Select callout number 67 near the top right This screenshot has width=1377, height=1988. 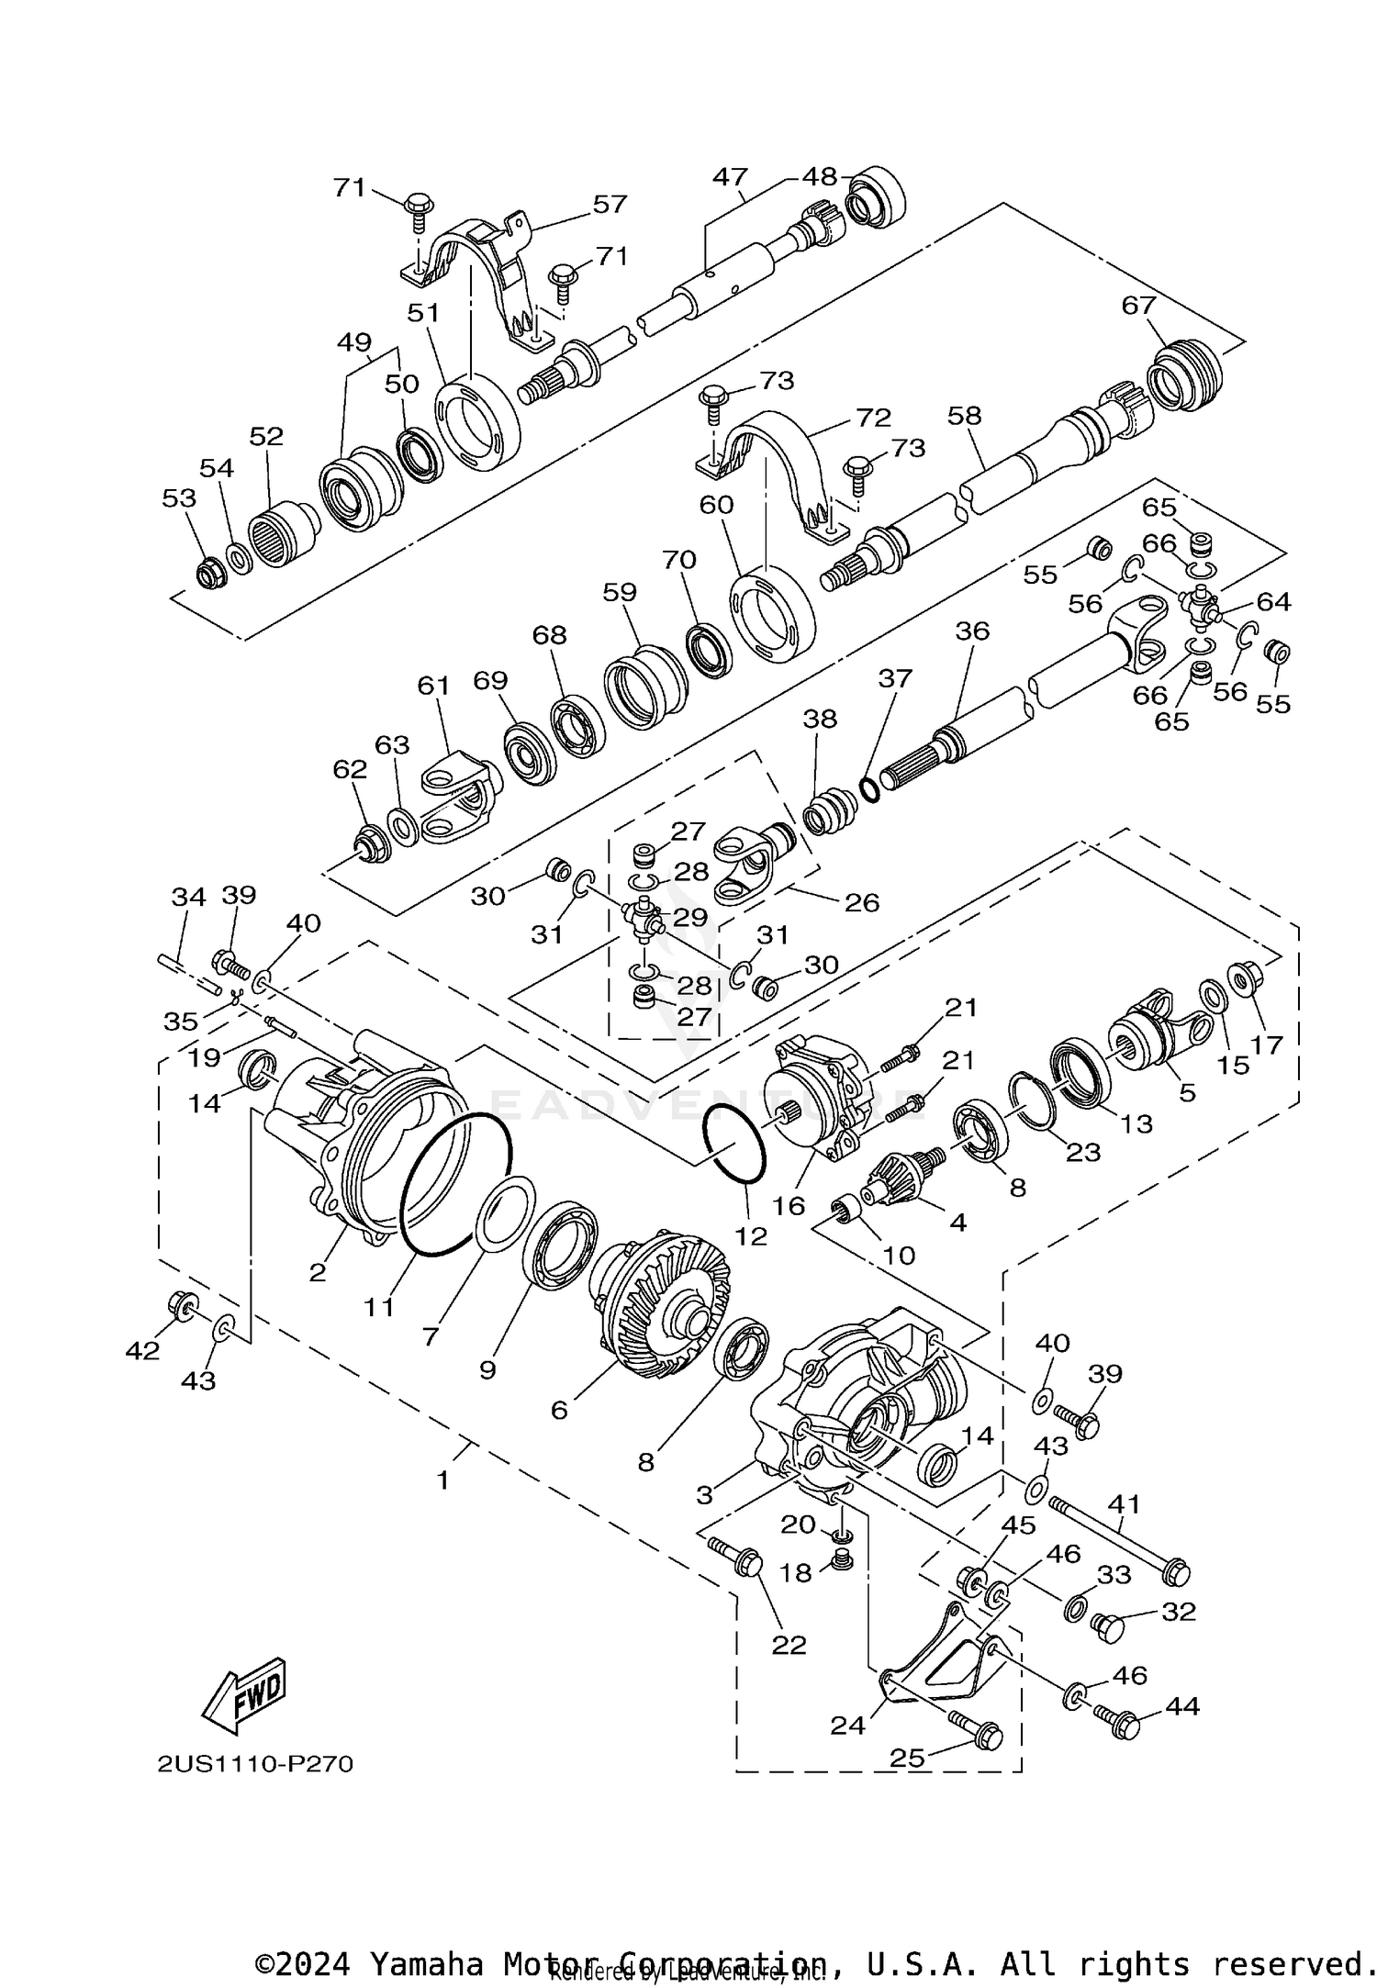[x=1138, y=305]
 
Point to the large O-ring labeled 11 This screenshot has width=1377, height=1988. [x=456, y=1184]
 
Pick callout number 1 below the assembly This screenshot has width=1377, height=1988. [x=442, y=1480]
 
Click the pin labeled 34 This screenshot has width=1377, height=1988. [x=188, y=974]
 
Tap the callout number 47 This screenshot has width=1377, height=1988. [x=730, y=176]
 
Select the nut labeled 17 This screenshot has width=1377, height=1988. [x=1244, y=980]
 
